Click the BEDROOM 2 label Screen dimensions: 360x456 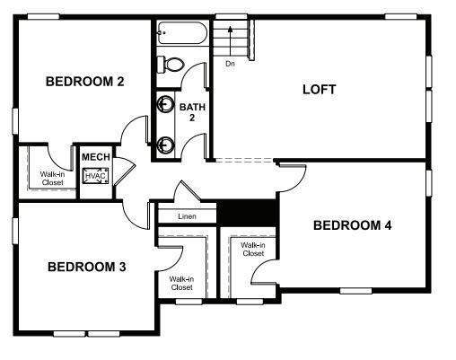[x=84, y=82]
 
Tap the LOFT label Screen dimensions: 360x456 [x=319, y=89]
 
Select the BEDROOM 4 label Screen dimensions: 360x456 [x=352, y=225]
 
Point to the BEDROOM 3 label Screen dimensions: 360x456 [x=86, y=267]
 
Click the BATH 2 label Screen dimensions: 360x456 [x=192, y=112]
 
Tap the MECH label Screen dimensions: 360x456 [x=96, y=157]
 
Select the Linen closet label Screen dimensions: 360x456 [x=187, y=216]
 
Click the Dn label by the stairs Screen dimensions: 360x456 [x=230, y=64]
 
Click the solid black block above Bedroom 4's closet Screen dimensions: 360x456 [x=249, y=212]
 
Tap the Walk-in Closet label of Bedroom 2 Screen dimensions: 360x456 [x=52, y=179]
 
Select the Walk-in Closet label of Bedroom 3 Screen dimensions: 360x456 [x=181, y=283]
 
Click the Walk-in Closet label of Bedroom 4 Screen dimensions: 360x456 [x=253, y=250]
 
